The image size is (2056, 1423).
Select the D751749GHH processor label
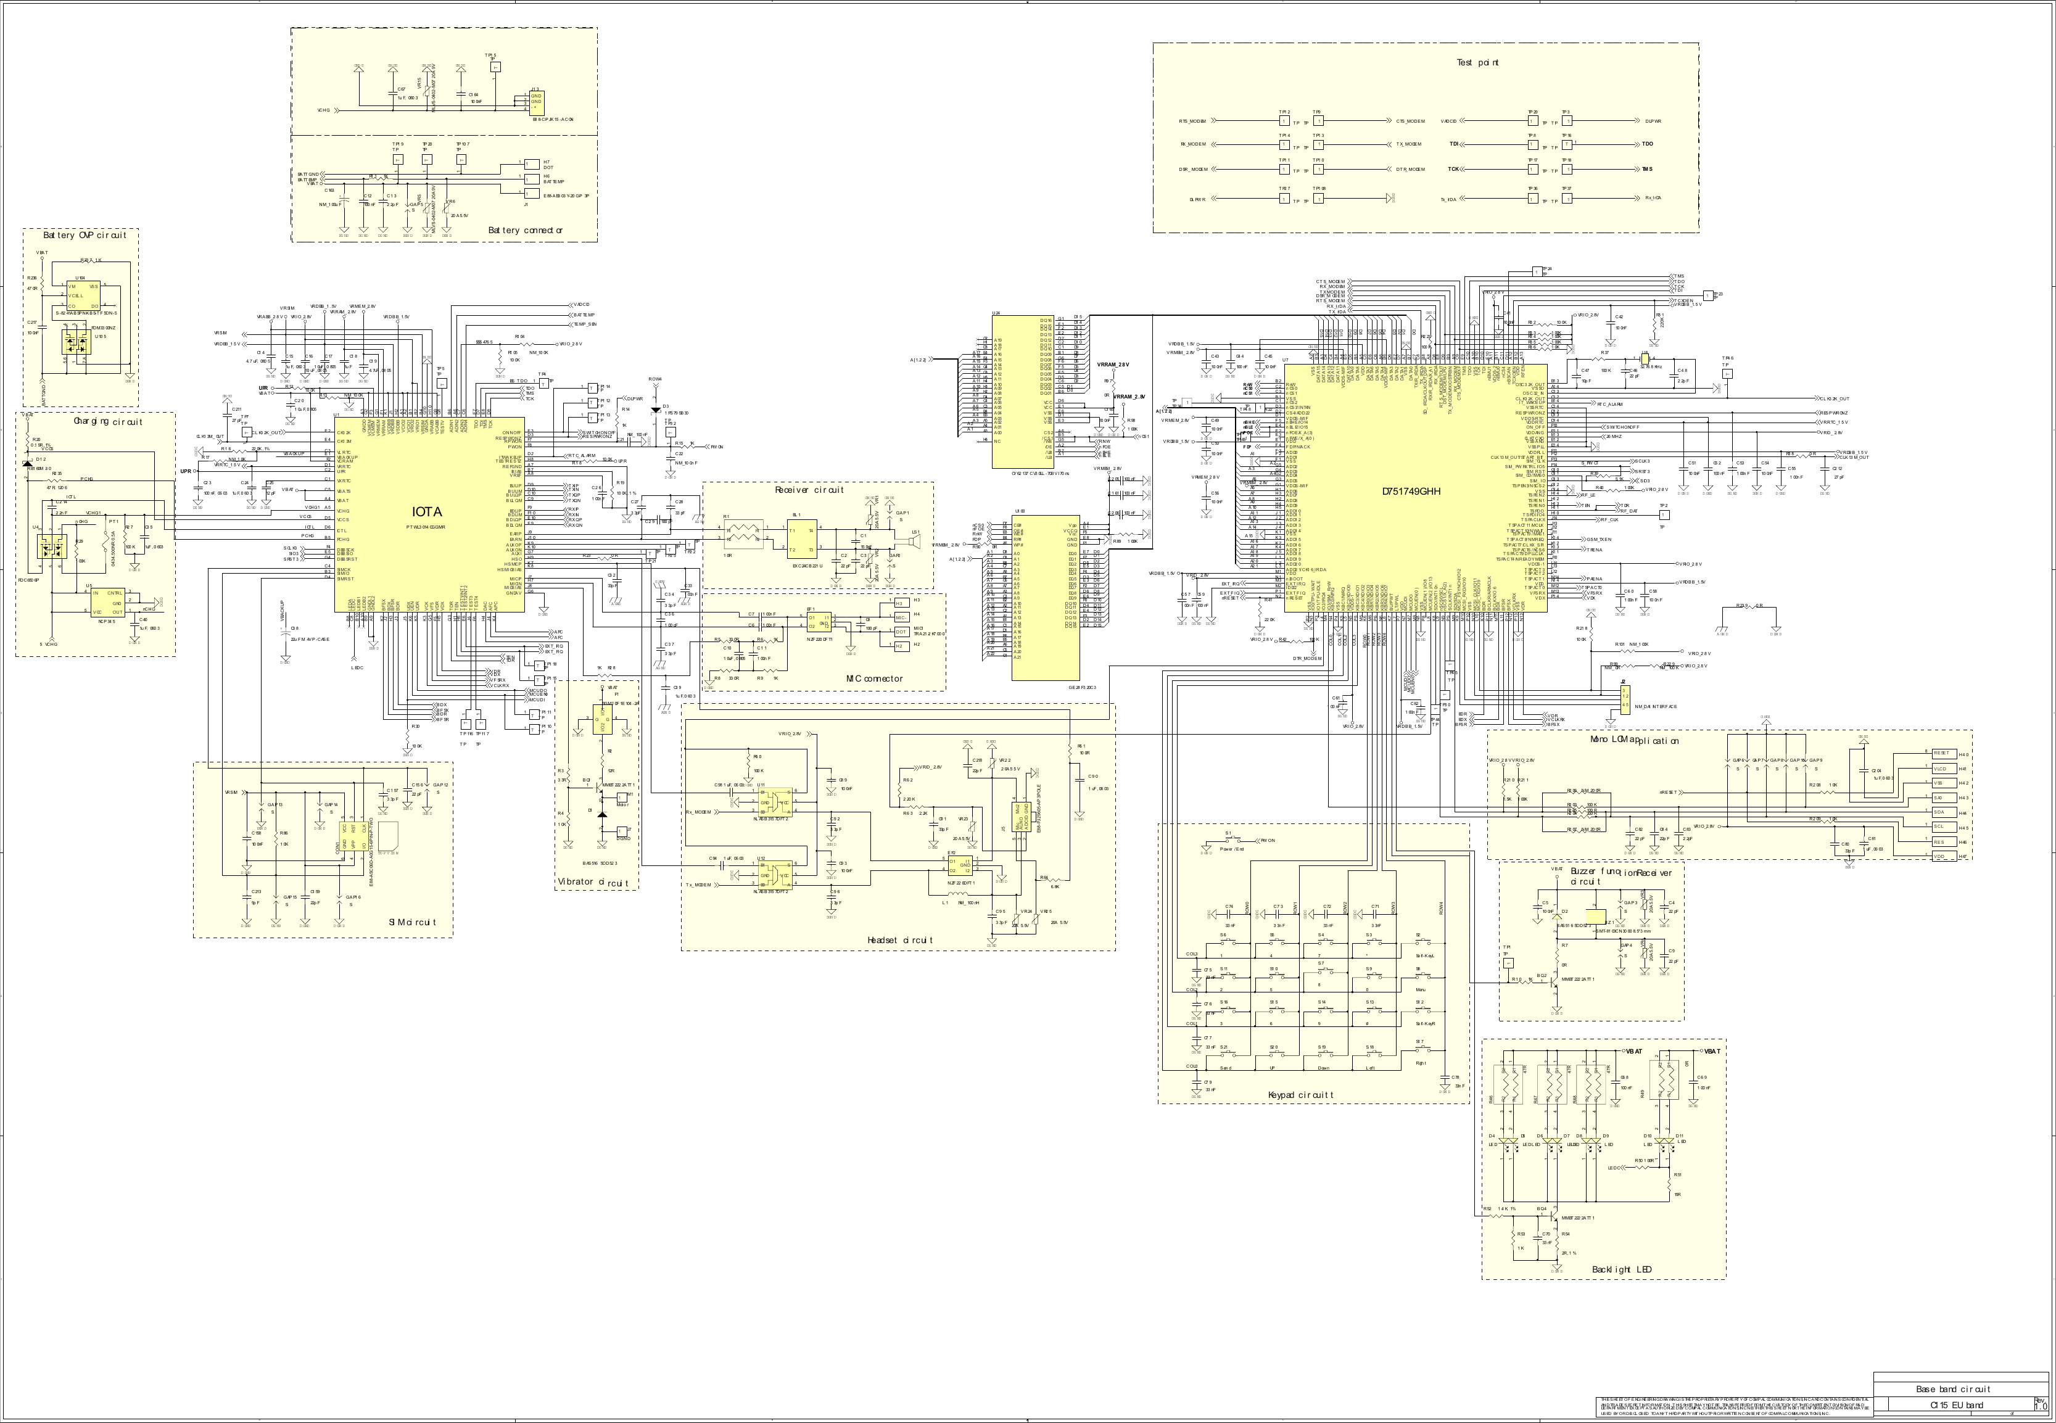click(1411, 491)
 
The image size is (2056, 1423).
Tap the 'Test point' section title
click(1477, 62)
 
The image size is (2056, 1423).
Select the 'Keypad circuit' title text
click(1301, 1095)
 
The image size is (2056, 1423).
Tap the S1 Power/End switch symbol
click(1229, 841)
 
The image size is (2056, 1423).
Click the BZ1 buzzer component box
click(1596, 916)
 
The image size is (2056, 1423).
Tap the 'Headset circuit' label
click(899, 940)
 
